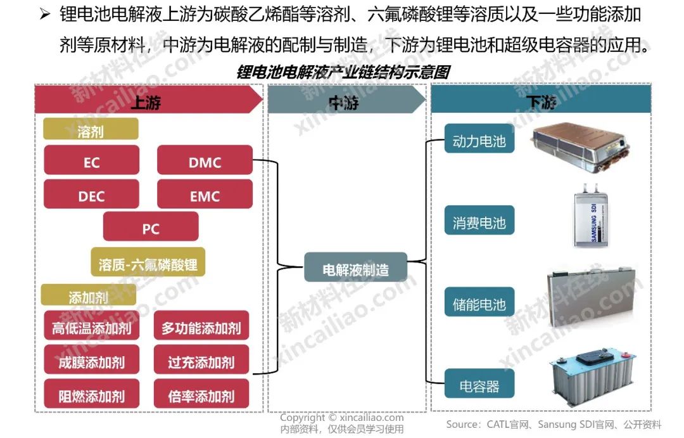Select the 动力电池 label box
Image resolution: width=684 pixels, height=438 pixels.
479,139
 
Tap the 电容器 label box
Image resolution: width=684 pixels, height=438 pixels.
479,384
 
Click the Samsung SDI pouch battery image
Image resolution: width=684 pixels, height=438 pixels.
595,216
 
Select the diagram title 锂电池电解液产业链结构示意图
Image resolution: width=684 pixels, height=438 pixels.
343,72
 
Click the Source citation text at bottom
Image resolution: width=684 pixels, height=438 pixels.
553,424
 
